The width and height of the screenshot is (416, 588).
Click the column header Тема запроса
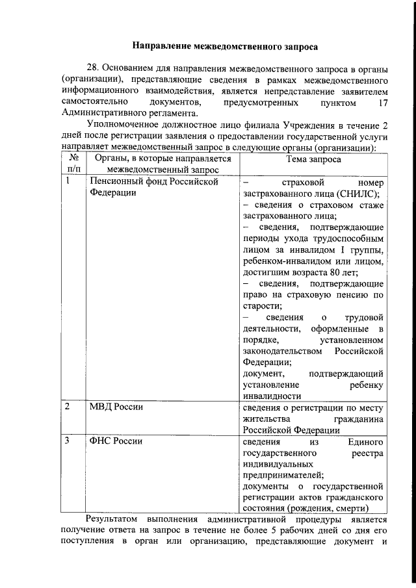312,159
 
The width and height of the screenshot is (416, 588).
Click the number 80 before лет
337,272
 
